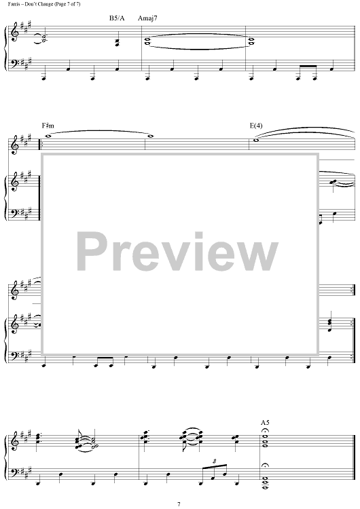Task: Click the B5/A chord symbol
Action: click(x=117, y=18)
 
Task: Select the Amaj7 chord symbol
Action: click(x=147, y=18)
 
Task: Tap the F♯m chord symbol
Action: click(x=48, y=126)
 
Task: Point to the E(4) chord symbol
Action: click(x=256, y=126)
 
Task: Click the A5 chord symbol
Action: click(x=265, y=422)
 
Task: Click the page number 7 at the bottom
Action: click(x=179, y=504)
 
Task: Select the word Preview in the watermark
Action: click(x=177, y=252)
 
